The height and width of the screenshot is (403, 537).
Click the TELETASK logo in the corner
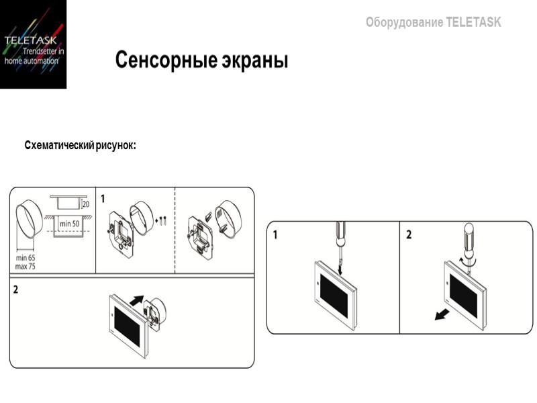point(34,44)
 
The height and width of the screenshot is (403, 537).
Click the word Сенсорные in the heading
point(162,60)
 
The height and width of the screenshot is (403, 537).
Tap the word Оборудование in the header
point(404,22)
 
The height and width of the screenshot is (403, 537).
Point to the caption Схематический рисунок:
point(80,145)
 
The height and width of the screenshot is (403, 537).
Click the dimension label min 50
point(68,223)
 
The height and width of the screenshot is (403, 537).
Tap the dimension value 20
point(85,204)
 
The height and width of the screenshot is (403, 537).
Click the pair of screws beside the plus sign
point(163,220)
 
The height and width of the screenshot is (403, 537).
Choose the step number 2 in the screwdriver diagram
point(409,234)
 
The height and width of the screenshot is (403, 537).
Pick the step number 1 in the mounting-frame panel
point(103,199)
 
